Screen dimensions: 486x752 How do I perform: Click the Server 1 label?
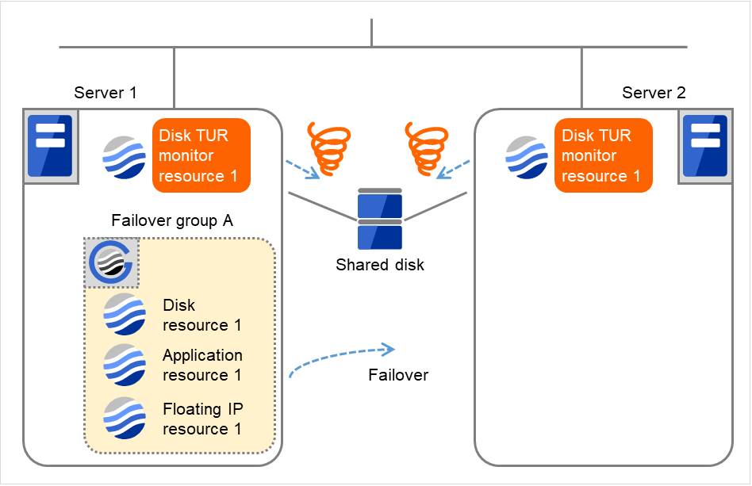pyautogui.click(x=106, y=93)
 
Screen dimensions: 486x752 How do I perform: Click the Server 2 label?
pyautogui.click(x=654, y=93)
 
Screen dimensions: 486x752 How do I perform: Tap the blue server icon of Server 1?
pyautogui.click(x=50, y=147)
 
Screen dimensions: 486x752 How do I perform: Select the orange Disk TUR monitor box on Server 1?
pyautogui.click(x=201, y=155)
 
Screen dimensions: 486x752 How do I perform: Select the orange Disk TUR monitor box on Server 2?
pyautogui.click(x=604, y=155)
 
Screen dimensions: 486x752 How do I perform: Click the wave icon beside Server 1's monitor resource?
pyautogui.click(x=125, y=156)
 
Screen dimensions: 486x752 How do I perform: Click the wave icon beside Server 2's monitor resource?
pyautogui.click(x=528, y=156)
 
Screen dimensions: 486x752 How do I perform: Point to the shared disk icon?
pyautogui.click(x=380, y=220)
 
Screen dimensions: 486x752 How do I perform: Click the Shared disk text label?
pyautogui.click(x=380, y=265)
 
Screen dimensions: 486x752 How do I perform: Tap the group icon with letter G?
pyautogui.click(x=112, y=262)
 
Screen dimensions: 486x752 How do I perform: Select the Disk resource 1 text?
pyautogui.click(x=202, y=315)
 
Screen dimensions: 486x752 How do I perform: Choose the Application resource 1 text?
pyautogui.click(x=203, y=365)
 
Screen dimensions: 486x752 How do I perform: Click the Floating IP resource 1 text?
pyautogui.click(x=203, y=419)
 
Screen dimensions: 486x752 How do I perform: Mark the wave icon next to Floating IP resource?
pyautogui.click(x=125, y=418)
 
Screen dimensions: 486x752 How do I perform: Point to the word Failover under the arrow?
pyautogui.click(x=398, y=375)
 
